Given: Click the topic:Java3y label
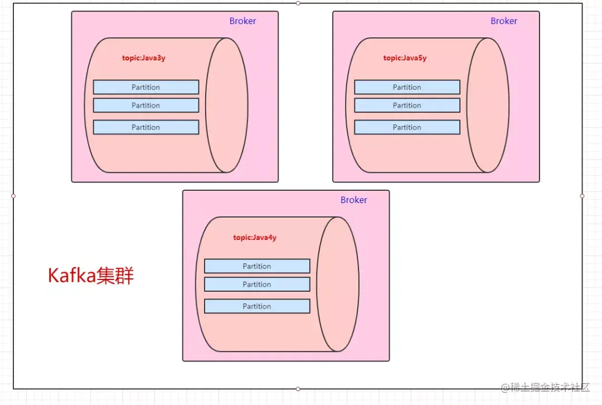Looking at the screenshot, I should coord(144,58).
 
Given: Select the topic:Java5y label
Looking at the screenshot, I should coord(405,58).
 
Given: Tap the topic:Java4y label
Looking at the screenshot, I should coord(255,238).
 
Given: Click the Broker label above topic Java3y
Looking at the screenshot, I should coord(242,21).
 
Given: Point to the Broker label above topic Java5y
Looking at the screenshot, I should coord(504,21).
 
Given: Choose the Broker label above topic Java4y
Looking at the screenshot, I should coord(354,200).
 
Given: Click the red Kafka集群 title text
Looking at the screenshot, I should coord(91,276).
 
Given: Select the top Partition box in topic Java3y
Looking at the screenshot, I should coord(146,87).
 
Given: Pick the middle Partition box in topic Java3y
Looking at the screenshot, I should coord(146,105).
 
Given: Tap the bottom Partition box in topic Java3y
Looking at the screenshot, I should coord(146,127).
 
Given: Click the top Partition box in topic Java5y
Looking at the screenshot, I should coord(407,87).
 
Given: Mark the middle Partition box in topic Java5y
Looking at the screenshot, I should coord(407,105).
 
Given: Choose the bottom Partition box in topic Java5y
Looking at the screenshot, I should coord(407,127).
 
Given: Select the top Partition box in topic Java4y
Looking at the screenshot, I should coord(257,266).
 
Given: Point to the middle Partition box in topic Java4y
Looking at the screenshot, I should coord(257,285).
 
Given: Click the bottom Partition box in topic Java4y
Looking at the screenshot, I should coord(257,306).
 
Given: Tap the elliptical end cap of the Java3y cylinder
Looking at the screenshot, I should coord(227,105).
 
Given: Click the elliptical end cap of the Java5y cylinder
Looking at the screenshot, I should coord(488,105).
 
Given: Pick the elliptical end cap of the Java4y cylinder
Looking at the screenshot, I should coord(338,284).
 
